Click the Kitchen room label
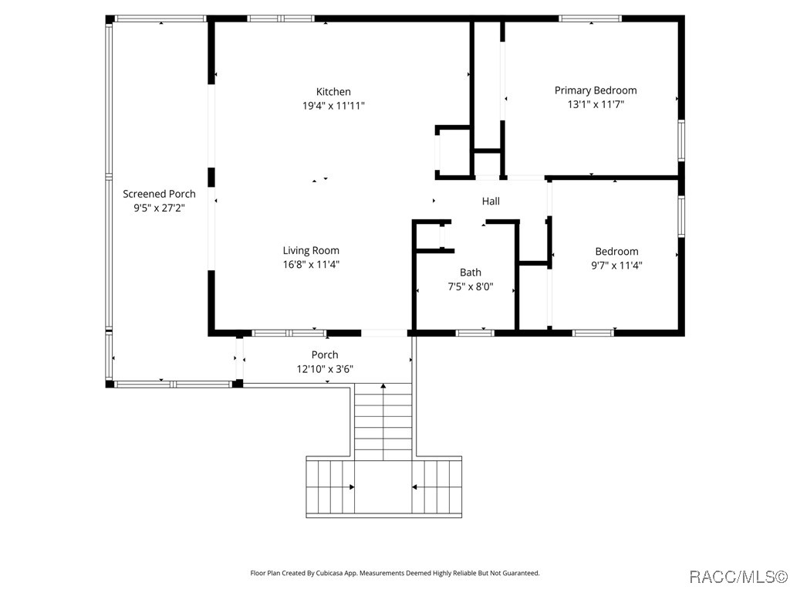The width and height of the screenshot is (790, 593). [333, 92]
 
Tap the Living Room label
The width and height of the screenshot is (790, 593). [311, 250]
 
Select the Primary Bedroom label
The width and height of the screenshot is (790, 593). [596, 90]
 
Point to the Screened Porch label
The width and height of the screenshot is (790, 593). [159, 194]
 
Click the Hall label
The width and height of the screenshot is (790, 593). [491, 202]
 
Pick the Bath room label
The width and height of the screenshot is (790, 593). [471, 273]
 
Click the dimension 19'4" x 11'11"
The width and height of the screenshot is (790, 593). [333, 106]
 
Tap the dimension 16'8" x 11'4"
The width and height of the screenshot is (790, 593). [311, 264]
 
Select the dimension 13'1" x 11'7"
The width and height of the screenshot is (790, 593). [596, 104]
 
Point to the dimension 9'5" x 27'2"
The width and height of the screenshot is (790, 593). [159, 208]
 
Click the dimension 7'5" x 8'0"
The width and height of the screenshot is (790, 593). [471, 286]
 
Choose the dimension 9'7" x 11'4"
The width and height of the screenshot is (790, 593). [616, 265]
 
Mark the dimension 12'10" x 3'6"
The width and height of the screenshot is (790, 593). [325, 369]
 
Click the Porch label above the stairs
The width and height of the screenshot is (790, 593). [325, 355]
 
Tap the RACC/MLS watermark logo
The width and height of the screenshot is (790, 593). [738, 577]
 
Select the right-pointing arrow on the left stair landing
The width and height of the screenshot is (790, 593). [351, 487]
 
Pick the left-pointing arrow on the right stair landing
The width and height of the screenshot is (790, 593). [415, 487]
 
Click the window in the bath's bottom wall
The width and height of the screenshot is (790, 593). [474, 333]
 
